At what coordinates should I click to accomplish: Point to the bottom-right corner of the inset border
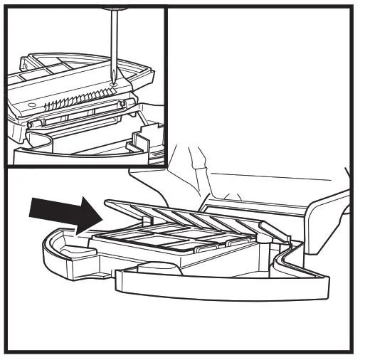click(x=166, y=166)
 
